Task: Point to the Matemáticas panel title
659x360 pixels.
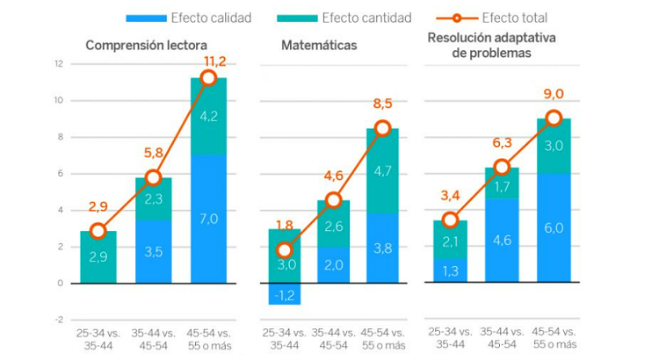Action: click(x=320, y=46)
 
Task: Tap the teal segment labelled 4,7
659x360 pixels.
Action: click(x=383, y=171)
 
